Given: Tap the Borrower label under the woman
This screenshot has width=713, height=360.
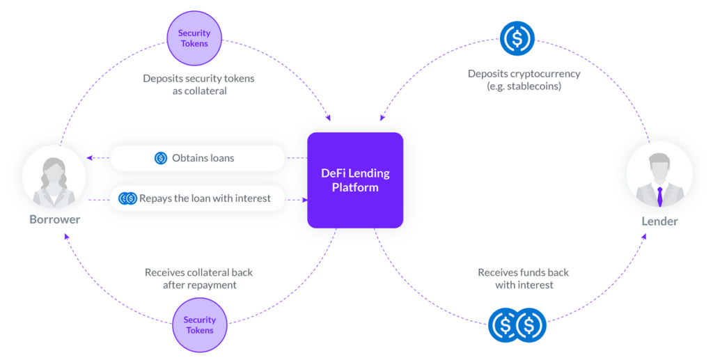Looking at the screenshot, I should [54, 219].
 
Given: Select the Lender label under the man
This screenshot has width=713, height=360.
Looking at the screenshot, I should [659, 221].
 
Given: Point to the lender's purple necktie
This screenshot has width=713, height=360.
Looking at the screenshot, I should [659, 196].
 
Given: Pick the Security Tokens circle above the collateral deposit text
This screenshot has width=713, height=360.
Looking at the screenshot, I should [194, 38].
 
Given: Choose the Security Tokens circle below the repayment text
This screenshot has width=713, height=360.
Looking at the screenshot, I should [199, 325].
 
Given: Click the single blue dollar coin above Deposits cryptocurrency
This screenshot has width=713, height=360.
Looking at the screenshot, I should [517, 38].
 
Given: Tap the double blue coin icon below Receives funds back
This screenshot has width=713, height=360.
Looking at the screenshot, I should [517, 325].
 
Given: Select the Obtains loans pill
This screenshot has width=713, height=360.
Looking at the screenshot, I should [198, 158].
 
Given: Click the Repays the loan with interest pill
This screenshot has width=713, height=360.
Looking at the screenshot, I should [198, 198].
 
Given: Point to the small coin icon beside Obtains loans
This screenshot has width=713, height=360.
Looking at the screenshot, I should [161, 158].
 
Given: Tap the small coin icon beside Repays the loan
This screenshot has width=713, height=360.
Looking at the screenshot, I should [127, 198].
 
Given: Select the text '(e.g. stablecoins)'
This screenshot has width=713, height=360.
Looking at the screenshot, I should [524, 86].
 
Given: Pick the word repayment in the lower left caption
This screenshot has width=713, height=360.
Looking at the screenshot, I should [210, 285].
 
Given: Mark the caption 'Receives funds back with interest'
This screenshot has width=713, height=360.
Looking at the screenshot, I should [524, 279].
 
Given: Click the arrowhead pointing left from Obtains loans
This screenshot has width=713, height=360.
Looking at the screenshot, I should [89, 158].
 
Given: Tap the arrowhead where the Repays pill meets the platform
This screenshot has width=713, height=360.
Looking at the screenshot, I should [304, 199].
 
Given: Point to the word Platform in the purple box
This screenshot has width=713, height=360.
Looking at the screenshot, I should [355, 187].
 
